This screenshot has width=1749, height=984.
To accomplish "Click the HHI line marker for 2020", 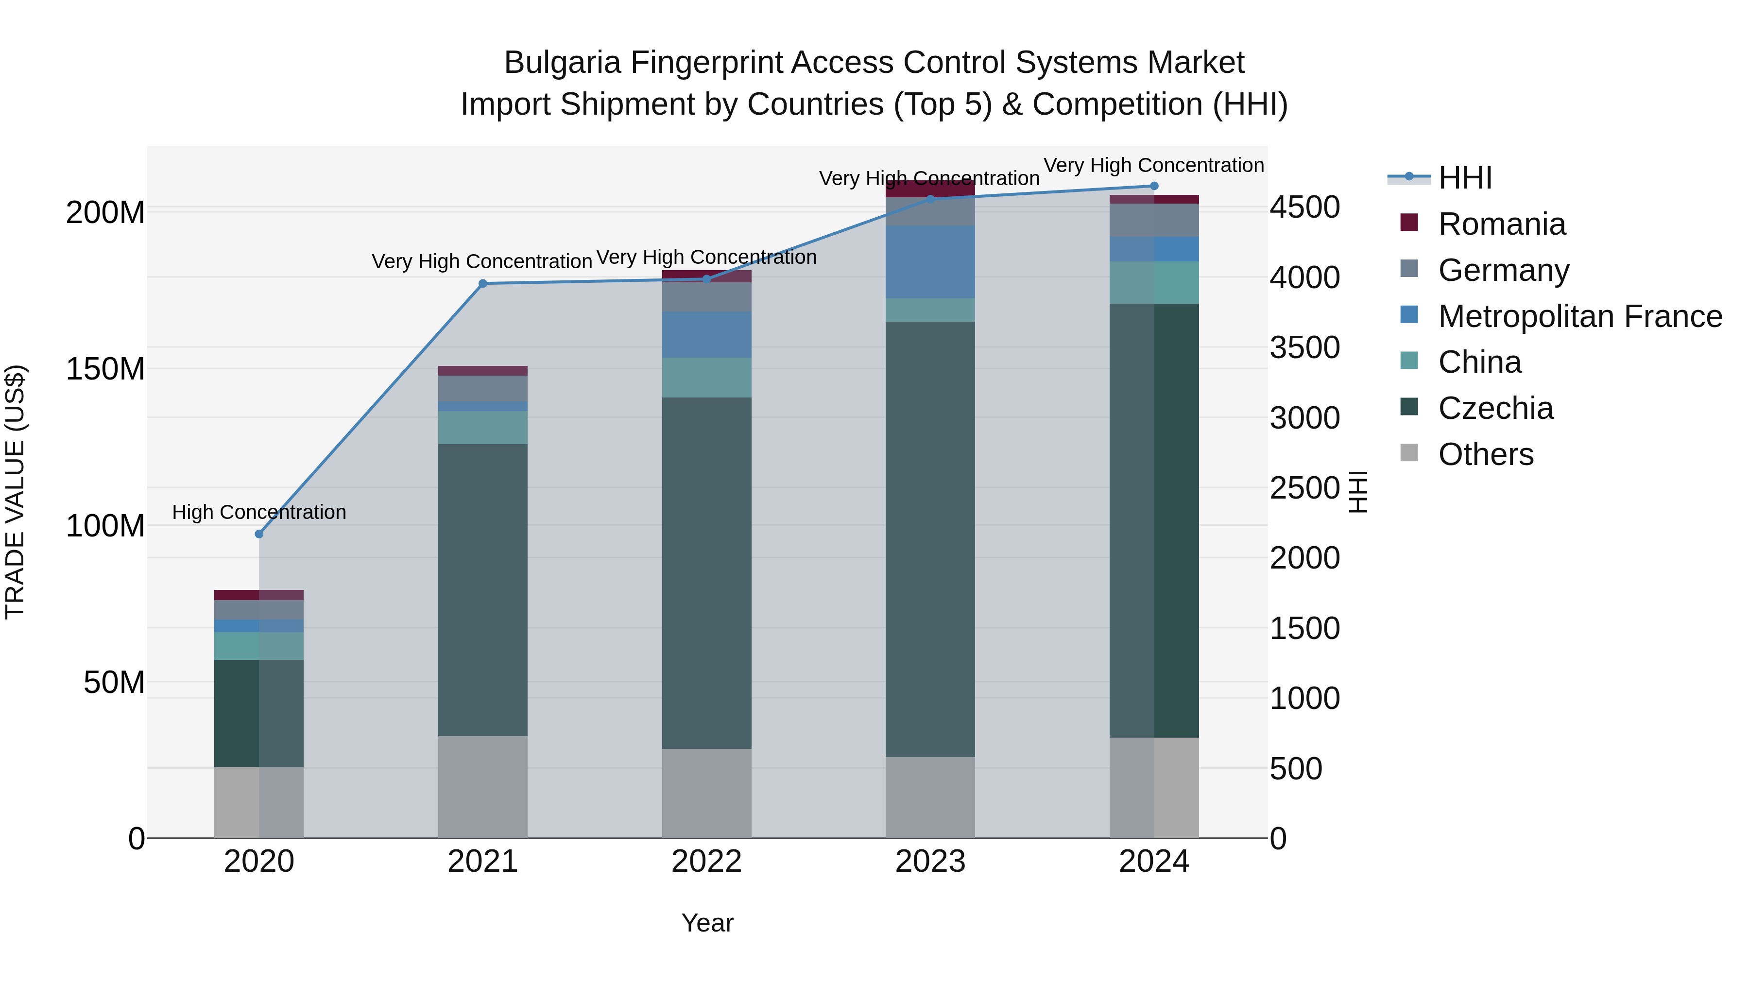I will [258, 534].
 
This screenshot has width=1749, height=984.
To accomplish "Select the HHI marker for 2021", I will [483, 284].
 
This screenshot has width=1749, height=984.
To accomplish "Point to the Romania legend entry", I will [1501, 224].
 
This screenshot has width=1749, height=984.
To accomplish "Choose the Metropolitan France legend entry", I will [1579, 316].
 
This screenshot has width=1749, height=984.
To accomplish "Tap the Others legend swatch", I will [1409, 453].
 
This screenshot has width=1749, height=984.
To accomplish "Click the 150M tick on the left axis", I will [105, 369].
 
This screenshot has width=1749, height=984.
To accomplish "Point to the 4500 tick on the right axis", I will [1304, 208].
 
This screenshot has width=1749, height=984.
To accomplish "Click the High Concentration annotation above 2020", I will [258, 512].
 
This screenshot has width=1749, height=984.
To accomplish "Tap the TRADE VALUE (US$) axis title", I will [16, 492].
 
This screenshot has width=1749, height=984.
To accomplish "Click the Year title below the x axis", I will [707, 923].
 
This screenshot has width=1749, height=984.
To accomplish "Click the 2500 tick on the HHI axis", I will [1304, 488].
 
